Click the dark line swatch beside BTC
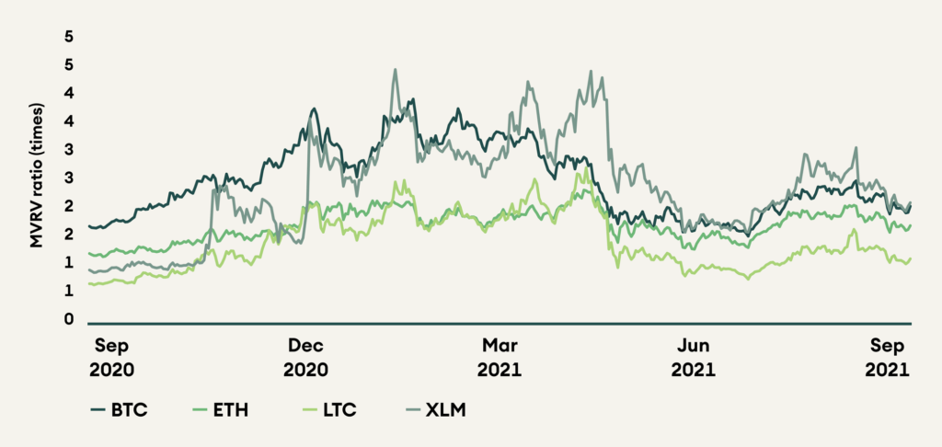[99, 410]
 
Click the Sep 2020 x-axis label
[116, 358]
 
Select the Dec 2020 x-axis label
[306, 358]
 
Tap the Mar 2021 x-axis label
[500, 358]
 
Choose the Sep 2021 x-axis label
[887, 358]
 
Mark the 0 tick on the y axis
[67, 320]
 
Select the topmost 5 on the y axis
[67, 37]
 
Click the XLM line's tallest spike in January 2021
[395, 69]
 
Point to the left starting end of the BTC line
[88, 225]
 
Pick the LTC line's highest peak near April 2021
[586, 166]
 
